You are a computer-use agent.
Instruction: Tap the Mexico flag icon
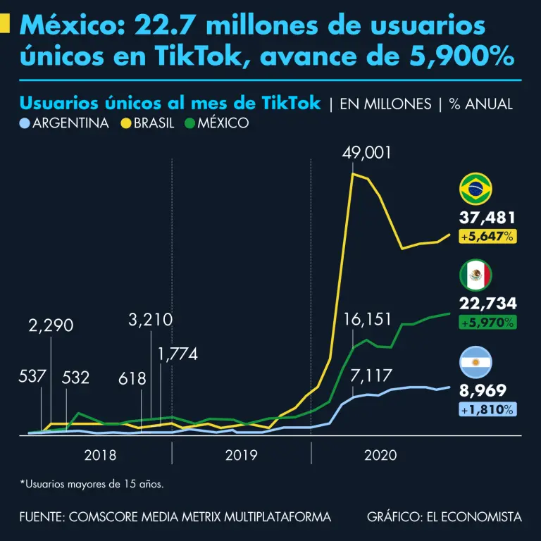click(475, 275)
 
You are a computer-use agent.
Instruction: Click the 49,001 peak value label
click(366, 154)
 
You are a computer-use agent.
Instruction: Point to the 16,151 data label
click(367, 321)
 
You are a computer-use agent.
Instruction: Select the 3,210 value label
click(151, 320)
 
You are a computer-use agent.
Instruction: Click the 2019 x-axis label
click(241, 455)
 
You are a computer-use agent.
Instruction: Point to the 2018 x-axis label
click(101, 455)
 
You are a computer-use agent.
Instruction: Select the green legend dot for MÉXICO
click(189, 123)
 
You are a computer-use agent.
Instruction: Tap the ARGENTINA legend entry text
click(70, 123)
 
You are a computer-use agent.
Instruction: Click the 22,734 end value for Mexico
click(487, 304)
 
